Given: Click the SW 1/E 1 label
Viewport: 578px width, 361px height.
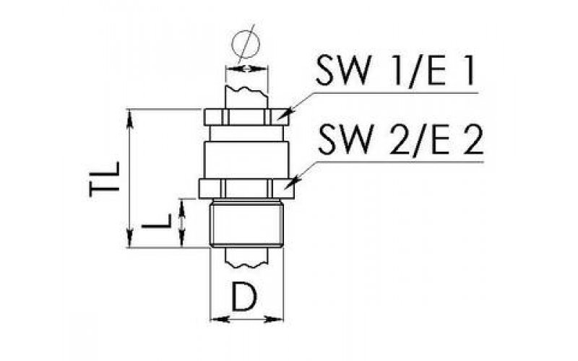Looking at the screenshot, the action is point(394,71).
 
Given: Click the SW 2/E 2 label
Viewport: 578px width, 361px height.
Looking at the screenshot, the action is point(400,139).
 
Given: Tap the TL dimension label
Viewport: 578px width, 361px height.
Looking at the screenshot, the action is point(105,179).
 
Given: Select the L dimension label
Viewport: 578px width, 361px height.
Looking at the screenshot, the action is point(157,220).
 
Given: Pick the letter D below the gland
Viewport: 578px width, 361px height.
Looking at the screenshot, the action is point(244,296).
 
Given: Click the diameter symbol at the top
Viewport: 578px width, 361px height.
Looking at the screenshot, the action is point(246,44).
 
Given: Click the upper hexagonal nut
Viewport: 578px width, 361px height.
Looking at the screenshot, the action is point(246,118).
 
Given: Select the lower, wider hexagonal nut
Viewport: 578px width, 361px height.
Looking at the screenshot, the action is point(246,188).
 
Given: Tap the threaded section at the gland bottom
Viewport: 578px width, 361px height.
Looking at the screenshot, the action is point(246,223).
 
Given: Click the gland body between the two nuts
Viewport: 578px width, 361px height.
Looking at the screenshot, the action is point(246,152).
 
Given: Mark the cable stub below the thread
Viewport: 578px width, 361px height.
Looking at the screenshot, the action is point(246,257).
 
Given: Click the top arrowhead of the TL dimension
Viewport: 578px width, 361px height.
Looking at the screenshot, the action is point(129,118).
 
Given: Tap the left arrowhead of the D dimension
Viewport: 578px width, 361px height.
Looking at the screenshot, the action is point(219,319).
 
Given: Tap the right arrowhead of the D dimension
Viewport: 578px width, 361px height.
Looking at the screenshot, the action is point(275,319).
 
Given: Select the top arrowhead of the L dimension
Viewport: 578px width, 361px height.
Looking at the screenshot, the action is point(181,207).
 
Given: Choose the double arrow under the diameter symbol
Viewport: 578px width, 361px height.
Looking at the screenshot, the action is point(246,69).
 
